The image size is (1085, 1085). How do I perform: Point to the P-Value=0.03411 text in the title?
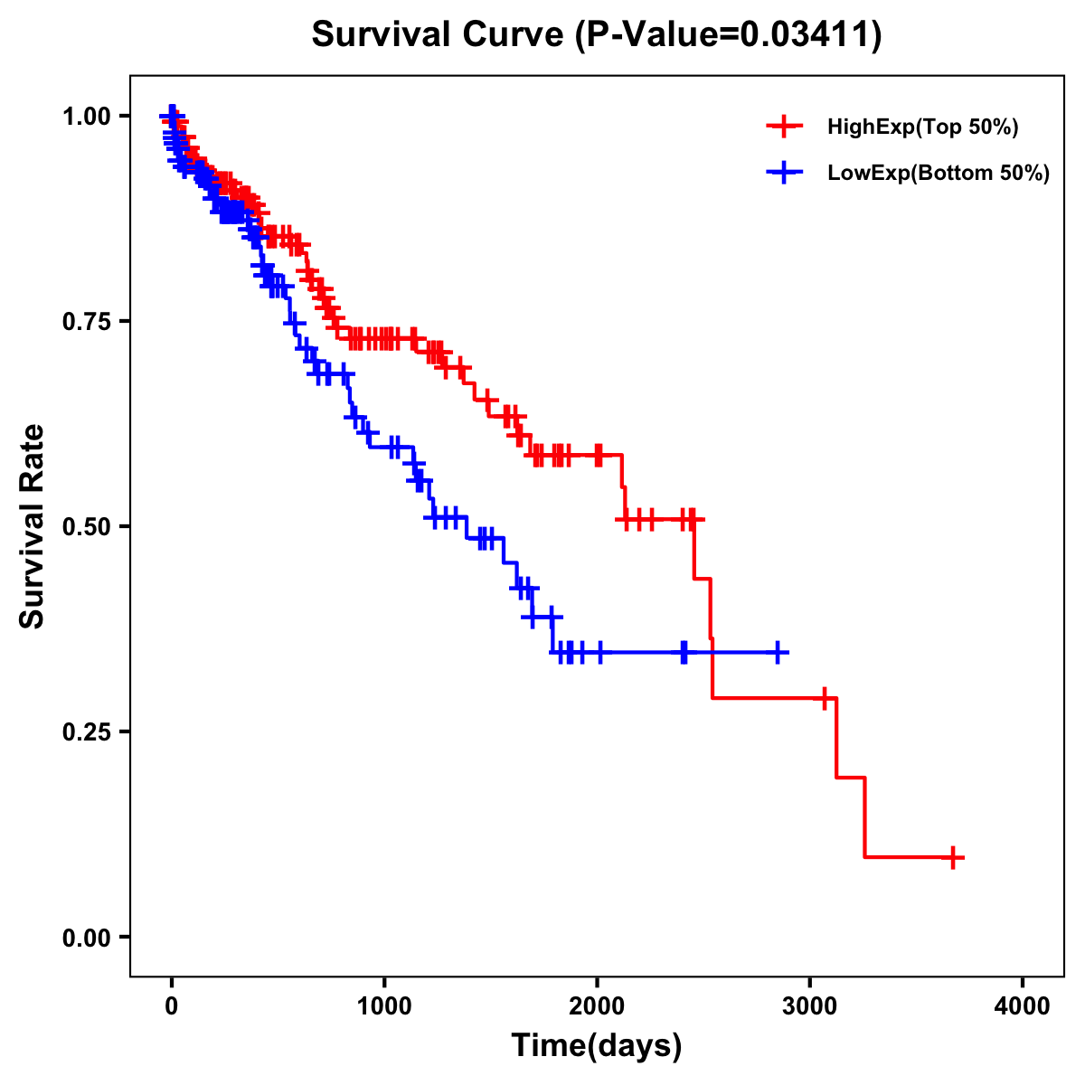point(731,35)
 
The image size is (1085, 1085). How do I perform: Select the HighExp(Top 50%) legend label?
point(922,127)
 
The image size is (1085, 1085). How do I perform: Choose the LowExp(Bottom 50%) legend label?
point(938,174)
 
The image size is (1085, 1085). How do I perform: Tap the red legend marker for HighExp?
point(784,127)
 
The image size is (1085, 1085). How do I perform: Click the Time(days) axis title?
point(597,1046)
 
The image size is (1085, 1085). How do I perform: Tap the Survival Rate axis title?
point(33,525)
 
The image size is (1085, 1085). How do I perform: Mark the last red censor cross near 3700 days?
point(952,857)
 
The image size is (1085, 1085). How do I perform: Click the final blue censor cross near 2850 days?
point(777,652)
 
